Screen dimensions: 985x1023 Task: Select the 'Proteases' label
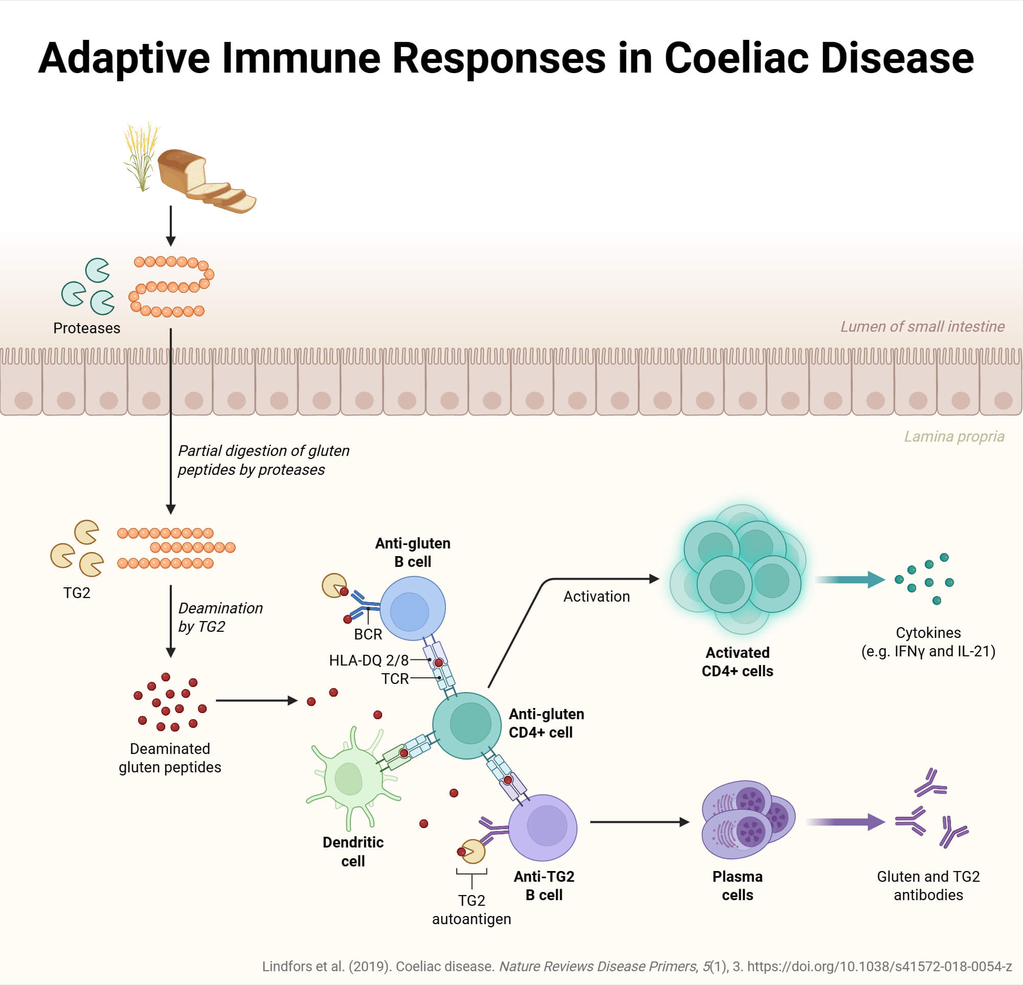coord(86,328)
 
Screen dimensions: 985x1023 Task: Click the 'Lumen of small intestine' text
coord(922,327)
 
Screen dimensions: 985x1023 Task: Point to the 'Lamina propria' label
coord(953,436)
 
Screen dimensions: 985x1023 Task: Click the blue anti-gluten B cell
coord(412,608)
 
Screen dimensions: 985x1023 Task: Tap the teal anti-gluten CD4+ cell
coord(467,725)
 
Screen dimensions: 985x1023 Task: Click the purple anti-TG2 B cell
coord(543,828)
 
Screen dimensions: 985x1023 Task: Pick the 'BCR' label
coord(368,634)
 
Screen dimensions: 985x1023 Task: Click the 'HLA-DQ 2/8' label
coord(368,660)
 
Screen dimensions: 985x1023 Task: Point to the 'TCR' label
coord(394,679)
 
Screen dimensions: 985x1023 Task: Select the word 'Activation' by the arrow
coord(596,597)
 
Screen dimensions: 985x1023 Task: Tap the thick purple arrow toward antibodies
coord(845,822)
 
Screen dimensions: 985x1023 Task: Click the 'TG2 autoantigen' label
coord(471,909)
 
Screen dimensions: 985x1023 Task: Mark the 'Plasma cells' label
coord(737,885)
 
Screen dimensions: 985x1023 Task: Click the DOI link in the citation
coord(879,966)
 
